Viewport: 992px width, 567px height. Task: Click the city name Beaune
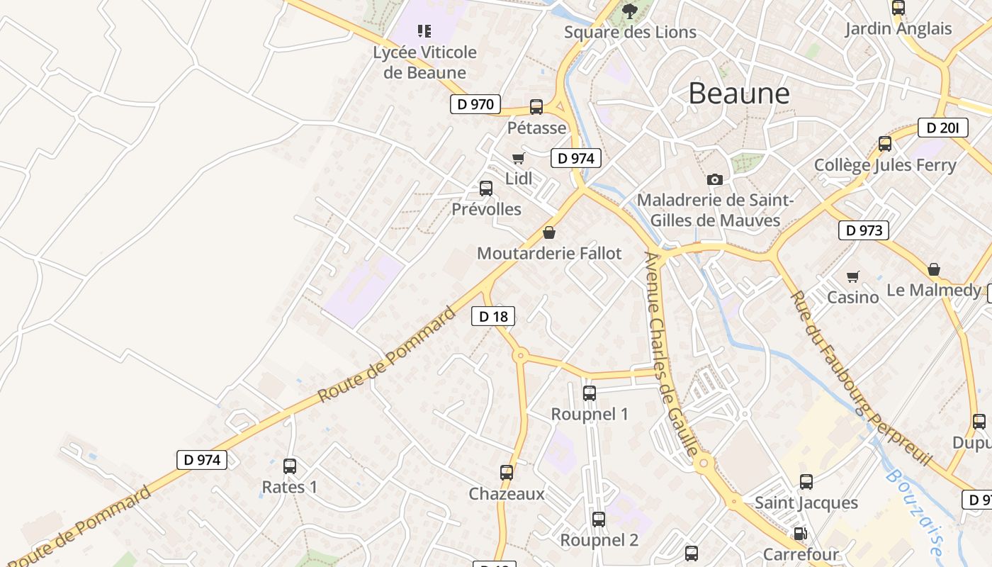pyautogui.click(x=738, y=94)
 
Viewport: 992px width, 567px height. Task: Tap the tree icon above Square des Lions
pyautogui.click(x=629, y=11)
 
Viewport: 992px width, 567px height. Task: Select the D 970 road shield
pyautogui.click(x=475, y=104)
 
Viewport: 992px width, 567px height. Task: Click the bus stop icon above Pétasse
pyautogui.click(x=536, y=107)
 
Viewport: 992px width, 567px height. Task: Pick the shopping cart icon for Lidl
pyautogui.click(x=518, y=158)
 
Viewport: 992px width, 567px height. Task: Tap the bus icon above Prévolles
pyautogui.click(x=486, y=189)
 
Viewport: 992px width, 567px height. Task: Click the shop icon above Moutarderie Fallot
pyautogui.click(x=548, y=232)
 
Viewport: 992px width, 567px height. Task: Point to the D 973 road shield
pyautogui.click(x=864, y=230)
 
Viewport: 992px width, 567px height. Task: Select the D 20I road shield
pyautogui.click(x=942, y=128)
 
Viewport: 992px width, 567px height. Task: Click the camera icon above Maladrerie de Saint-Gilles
pyautogui.click(x=715, y=179)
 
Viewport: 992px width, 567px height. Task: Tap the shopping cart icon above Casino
pyautogui.click(x=852, y=276)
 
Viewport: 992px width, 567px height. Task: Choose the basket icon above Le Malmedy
pyautogui.click(x=934, y=269)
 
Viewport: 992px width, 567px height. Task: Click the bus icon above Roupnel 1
pyautogui.click(x=589, y=393)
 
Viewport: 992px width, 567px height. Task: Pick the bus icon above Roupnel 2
pyautogui.click(x=599, y=520)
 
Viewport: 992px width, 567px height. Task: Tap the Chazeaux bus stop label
pyautogui.click(x=507, y=494)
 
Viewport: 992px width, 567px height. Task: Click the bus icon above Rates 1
pyautogui.click(x=290, y=466)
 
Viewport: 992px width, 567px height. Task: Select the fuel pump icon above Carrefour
pyautogui.click(x=800, y=534)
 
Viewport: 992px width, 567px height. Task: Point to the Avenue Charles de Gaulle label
pyautogui.click(x=671, y=354)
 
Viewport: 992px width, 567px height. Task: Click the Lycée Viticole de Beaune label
pyautogui.click(x=425, y=62)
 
